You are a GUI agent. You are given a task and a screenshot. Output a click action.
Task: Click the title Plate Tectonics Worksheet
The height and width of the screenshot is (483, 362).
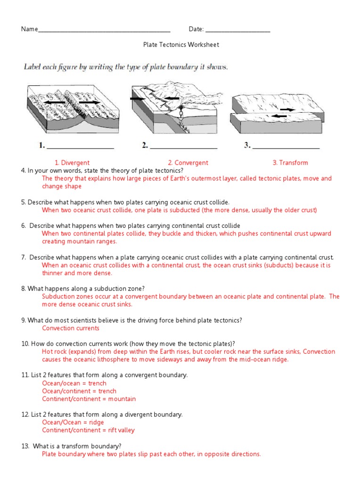coord(181,45)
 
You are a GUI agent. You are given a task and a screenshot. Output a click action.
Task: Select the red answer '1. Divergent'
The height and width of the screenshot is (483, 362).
coord(72,163)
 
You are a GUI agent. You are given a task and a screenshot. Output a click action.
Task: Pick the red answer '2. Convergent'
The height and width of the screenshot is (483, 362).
coord(188,163)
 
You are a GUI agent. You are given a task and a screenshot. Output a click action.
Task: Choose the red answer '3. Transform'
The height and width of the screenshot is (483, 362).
coord(290,163)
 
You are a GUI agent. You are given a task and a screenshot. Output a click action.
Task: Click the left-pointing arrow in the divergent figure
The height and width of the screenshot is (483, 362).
coord(56,102)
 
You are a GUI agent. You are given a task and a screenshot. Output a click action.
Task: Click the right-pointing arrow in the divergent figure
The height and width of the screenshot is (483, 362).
coord(89,102)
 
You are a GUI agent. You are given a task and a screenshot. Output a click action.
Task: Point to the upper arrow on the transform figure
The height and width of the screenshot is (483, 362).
coord(289,109)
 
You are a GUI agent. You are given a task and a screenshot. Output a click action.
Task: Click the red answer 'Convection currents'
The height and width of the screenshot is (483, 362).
coord(71,328)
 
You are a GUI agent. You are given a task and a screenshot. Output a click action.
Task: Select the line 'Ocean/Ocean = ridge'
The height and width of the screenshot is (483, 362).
coord(73,423)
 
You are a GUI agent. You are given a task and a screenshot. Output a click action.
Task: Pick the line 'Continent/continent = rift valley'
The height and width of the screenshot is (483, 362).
coord(88,430)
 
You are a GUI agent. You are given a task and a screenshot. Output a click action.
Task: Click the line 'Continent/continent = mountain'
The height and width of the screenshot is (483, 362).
coord(89,399)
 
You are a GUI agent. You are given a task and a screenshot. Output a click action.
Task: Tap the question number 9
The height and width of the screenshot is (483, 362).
coord(23,320)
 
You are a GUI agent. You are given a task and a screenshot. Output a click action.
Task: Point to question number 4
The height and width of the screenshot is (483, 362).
coord(23,170)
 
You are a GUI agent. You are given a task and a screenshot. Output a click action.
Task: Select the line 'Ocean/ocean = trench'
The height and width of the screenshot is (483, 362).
coord(74,383)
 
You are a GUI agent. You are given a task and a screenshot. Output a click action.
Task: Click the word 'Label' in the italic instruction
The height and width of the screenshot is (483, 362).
coord(33,67)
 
